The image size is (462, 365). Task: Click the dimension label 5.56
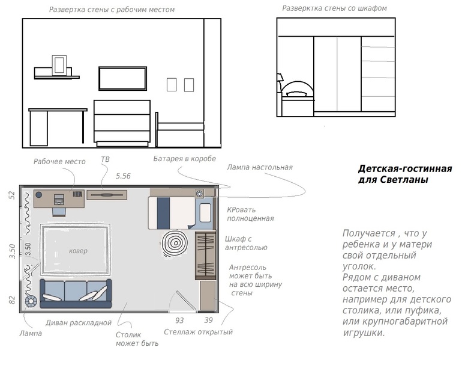(123, 176)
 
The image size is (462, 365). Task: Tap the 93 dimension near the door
(179, 320)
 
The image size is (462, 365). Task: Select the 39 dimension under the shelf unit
(208, 320)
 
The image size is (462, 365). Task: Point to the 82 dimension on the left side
(12, 300)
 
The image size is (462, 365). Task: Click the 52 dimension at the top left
(12, 195)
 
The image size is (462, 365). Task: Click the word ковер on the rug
(78, 251)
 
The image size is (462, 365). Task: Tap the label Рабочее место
(59, 162)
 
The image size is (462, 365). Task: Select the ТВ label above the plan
(105, 159)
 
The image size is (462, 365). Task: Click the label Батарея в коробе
(184, 159)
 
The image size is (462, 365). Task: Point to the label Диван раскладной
(79, 323)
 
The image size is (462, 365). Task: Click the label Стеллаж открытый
(198, 332)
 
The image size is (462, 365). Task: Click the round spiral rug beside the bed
(175, 243)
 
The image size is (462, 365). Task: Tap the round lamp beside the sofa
(31, 301)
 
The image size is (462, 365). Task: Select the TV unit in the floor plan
(107, 195)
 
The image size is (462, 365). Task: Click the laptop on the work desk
(59, 200)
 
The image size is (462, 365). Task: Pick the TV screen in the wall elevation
(122, 78)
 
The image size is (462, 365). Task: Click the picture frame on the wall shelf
(59, 66)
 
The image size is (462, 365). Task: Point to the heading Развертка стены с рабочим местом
(112, 10)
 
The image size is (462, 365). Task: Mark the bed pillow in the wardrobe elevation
(297, 94)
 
